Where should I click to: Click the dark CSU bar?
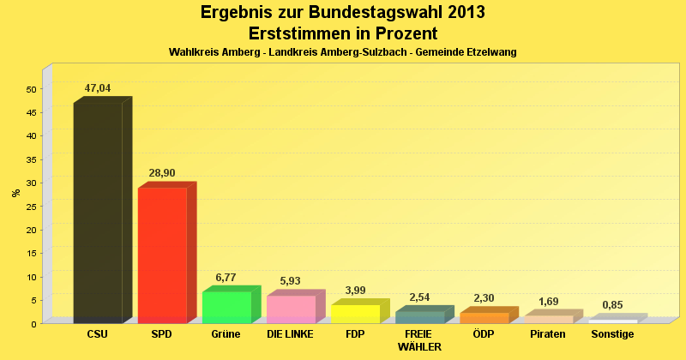click(x=98, y=212)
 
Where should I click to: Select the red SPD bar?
click(x=162, y=255)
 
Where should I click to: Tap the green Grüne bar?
click(x=226, y=306)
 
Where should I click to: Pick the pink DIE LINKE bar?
click(x=291, y=309)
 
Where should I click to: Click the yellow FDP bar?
click(x=355, y=313)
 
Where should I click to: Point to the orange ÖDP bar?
click(x=484, y=317)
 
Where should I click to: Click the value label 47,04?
click(x=98, y=88)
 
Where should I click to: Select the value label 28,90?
click(x=162, y=173)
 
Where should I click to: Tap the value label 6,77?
click(x=226, y=277)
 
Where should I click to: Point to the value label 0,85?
click(x=612, y=305)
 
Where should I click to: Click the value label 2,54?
click(x=419, y=297)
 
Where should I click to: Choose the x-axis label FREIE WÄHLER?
click(x=419, y=340)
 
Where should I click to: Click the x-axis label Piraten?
click(x=548, y=334)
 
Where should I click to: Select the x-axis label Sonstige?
click(x=612, y=334)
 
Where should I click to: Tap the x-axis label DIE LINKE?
click(x=291, y=334)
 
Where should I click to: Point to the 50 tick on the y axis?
click(x=31, y=89)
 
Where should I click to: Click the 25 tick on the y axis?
click(x=31, y=207)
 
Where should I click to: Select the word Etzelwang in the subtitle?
click(x=490, y=52)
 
